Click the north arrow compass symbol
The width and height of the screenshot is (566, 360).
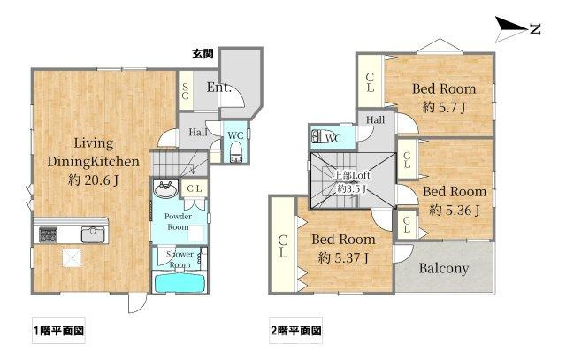pyautogui.click(x=515, y=29)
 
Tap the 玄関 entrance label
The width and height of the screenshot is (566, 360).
pyautogui.click(x=203, y=54)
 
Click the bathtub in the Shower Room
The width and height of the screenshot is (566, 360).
pyautogui.click(x=180, y=284)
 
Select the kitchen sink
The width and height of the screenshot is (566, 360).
pyautogui.click(x=92, y=234)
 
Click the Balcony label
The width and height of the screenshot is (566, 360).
pyautogui.click(x=444, y=270)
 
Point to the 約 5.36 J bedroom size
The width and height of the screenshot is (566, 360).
pyautogui.click(x=454, y=210)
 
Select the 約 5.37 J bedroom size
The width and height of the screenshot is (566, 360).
pyautogui.click(x=343, y=257)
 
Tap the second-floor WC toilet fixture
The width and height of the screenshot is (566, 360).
pyautogui.click(x=318, y=138)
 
